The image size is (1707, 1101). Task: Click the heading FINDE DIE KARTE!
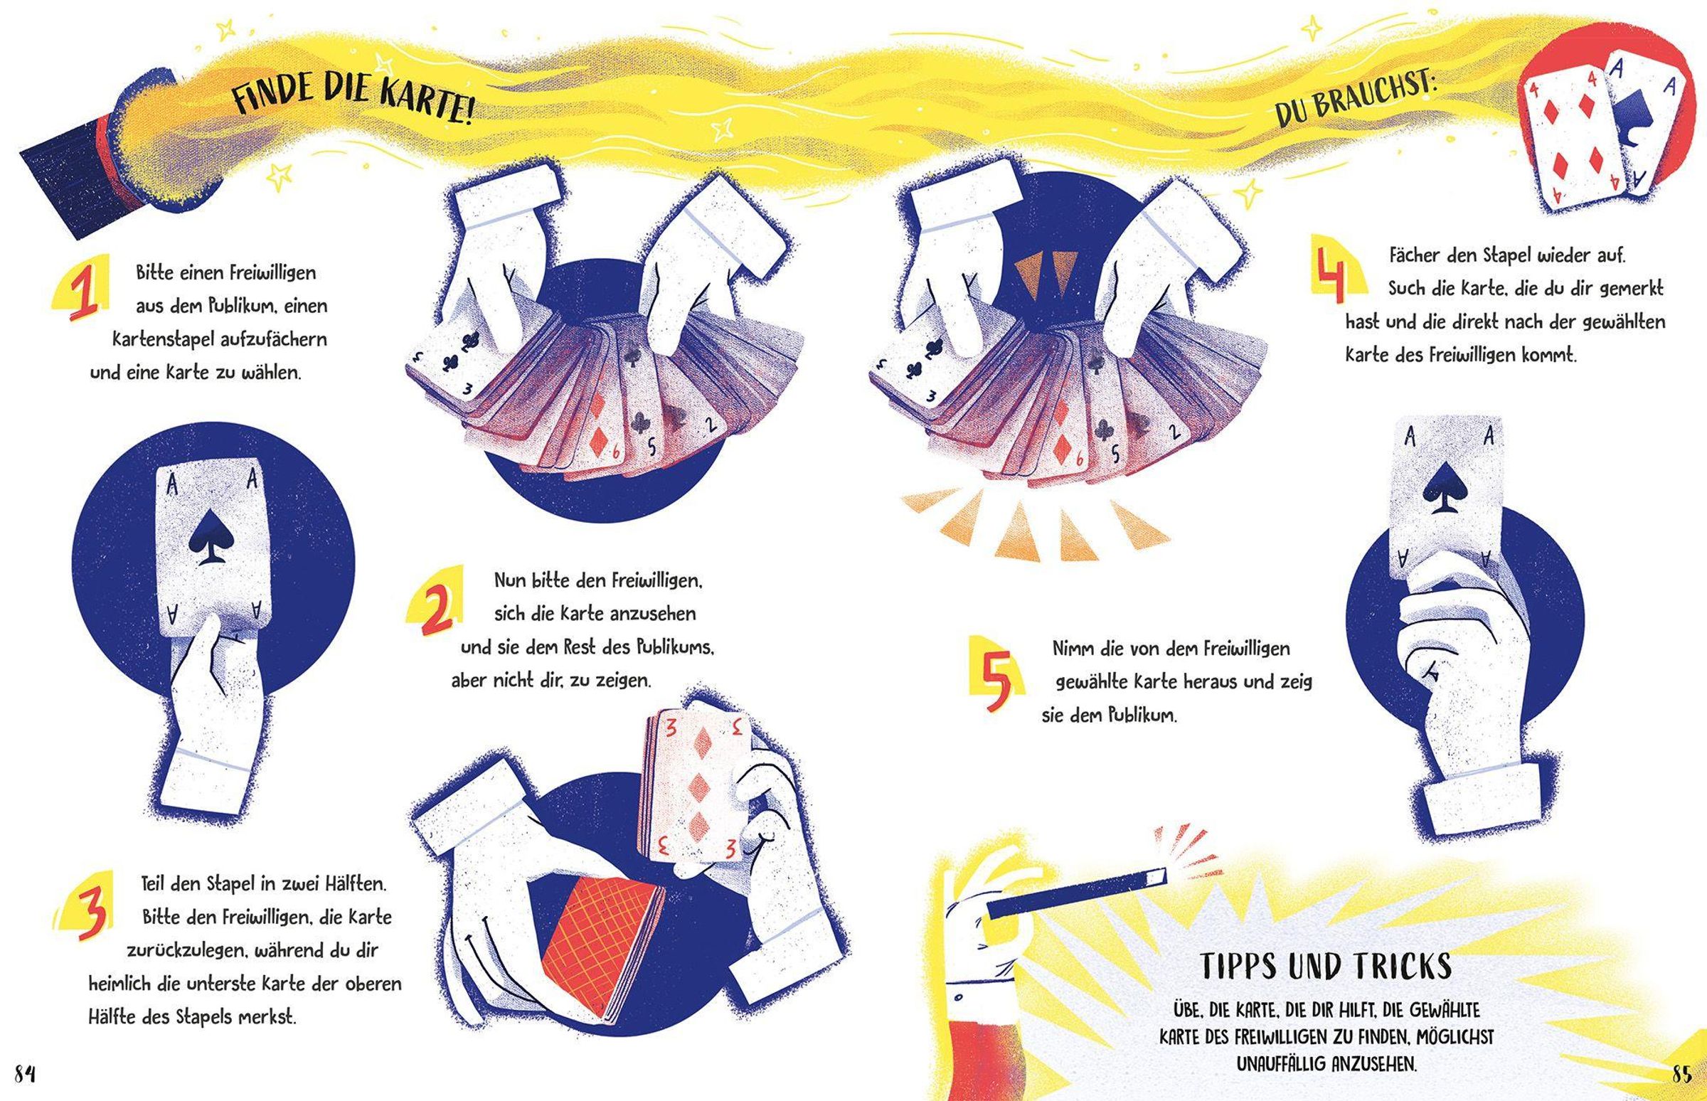click(352, 98)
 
